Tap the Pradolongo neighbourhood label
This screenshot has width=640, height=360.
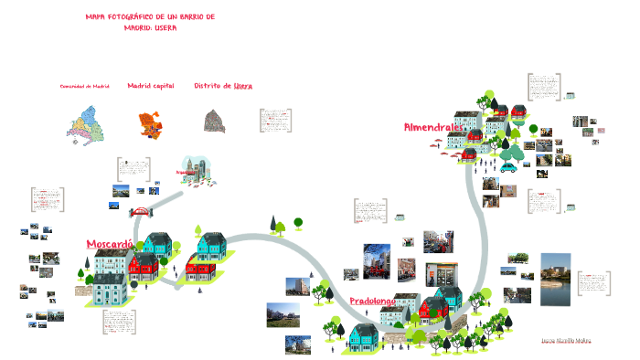373,301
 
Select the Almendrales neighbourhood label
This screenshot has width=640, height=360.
431,127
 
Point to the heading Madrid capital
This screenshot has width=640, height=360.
150,85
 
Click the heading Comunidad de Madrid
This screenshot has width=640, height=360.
84,86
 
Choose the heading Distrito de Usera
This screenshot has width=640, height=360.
223,85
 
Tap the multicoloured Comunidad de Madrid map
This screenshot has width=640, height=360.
86,123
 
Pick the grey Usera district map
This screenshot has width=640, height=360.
217,122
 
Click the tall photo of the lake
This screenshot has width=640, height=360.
555,281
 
